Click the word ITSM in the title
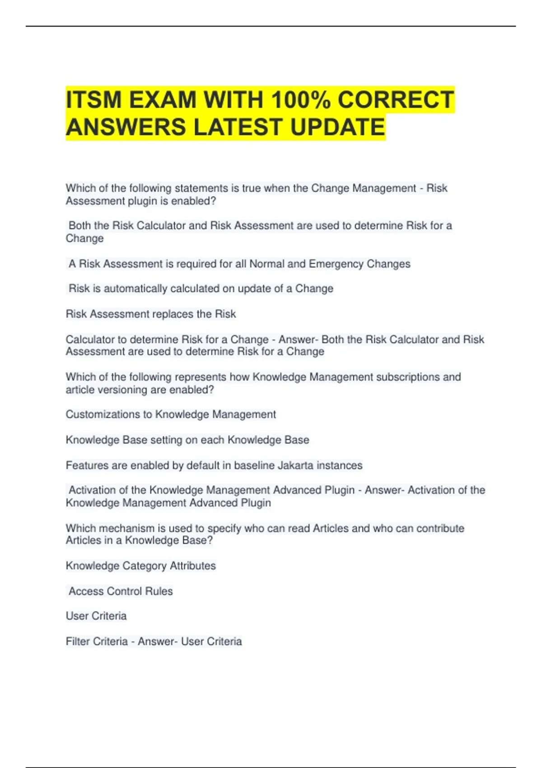pyautogui.click(x=93, y=100)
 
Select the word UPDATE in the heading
pyautogui.click(x=337, y=127)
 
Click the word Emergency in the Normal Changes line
pyautogui.click(x=336, y=264)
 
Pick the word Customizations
pyautogui.click(x=108, y=415)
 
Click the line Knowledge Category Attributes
pyautogui.click(x=141, y=566)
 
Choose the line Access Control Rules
pyautogui.click(x=121, y=591)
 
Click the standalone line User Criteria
pyautogui.click(x=96, y=616)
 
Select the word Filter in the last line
pyautogui.click(x=77, y=642)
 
